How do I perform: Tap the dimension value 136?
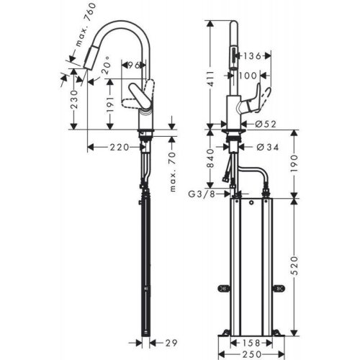(252, 56)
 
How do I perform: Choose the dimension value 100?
(248, 75)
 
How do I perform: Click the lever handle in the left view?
(140, 96)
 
